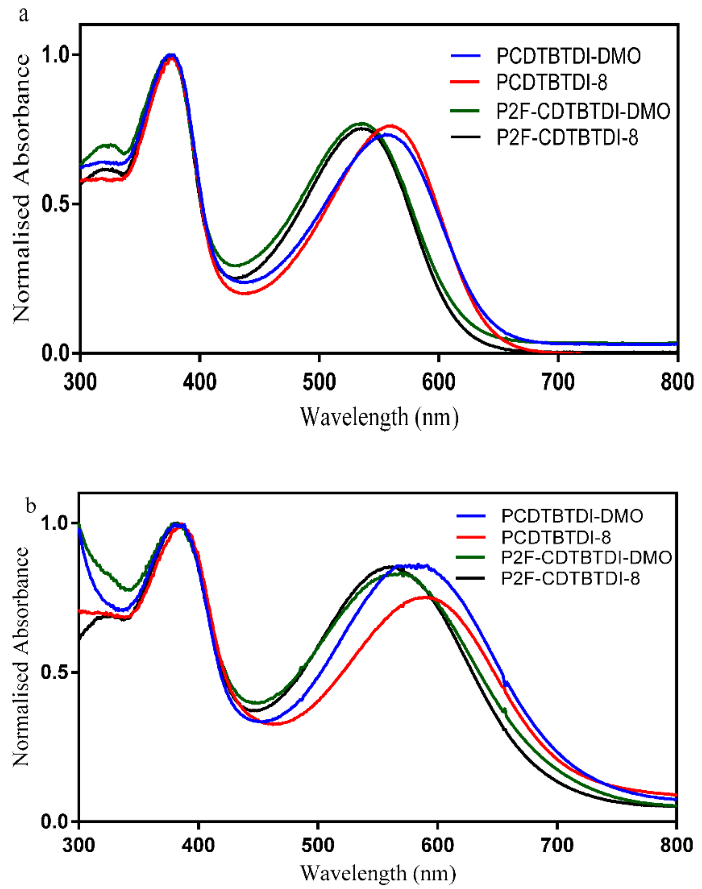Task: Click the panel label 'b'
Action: (x=31, y=505)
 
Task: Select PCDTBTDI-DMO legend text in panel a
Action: (x=568, y=56)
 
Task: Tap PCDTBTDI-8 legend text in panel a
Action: (x=552, y=83)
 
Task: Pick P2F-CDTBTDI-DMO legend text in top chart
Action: (x=583, y=111)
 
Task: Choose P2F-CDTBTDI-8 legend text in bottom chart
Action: (x=571, y=579)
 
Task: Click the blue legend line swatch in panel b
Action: (x=471, y=516)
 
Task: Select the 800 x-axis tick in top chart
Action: (x=677, y=383)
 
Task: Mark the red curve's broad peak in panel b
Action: (x=425, y=597)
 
